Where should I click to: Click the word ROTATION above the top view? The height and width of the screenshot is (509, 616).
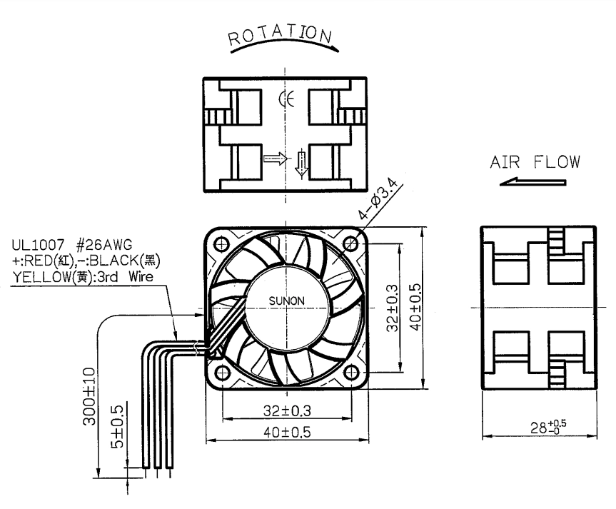(x=280, y=34)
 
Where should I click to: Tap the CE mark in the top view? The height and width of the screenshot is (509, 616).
(x=286, y=99)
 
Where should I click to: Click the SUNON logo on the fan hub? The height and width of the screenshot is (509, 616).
(x=286, y=301)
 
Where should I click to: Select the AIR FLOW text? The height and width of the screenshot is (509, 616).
(x=535, y=162)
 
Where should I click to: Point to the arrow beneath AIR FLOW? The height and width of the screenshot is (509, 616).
(x=532, y=181)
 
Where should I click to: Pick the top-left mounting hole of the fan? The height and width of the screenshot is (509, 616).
(x=221, y=243)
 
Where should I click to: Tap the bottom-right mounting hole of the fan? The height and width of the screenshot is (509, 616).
(x=350, y=372)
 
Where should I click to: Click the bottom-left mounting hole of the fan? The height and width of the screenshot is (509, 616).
(x=223, y=372)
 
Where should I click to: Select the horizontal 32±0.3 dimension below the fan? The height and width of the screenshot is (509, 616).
(x=287, y=411)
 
